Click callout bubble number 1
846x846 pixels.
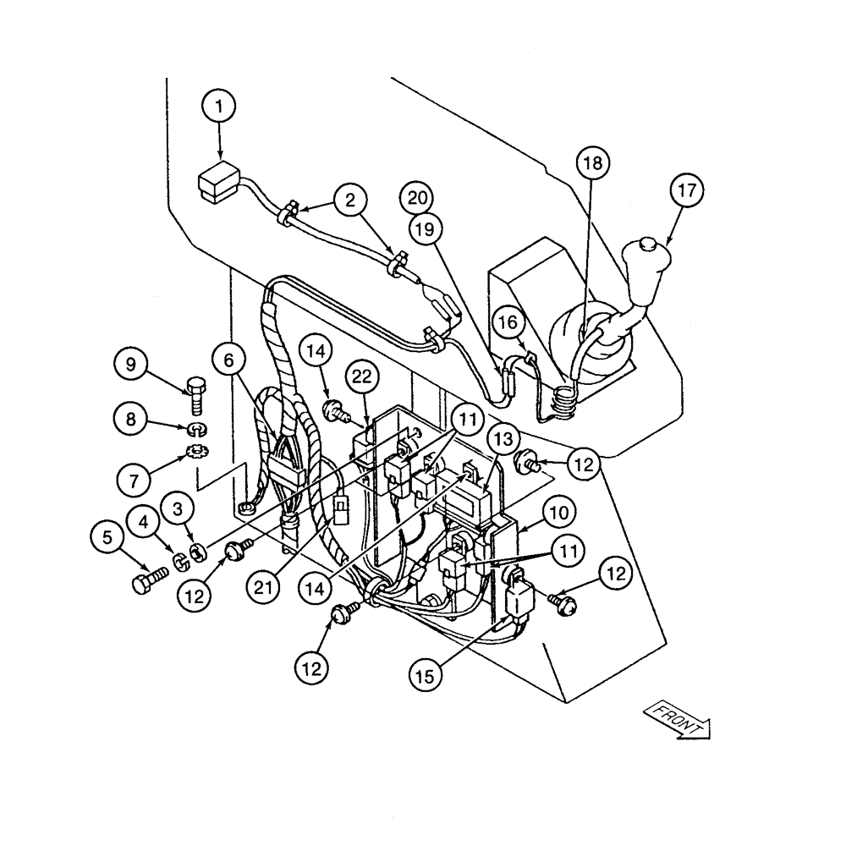221,107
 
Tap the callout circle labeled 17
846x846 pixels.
687,192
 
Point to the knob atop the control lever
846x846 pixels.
649,246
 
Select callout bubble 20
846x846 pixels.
417,198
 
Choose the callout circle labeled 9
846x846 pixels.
130,365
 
